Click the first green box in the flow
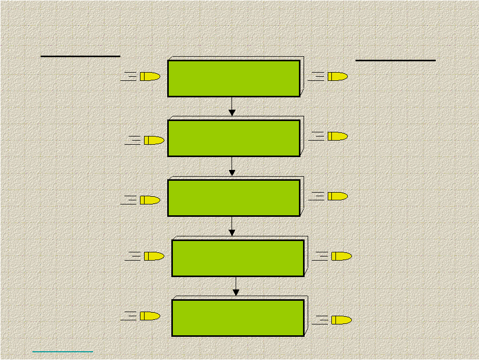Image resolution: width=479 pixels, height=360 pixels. click(234, 78)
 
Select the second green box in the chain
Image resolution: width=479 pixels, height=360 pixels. click(234, 138)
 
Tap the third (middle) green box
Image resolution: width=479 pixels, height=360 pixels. click(234, 198)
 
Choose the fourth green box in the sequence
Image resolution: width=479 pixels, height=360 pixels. click(238, 258)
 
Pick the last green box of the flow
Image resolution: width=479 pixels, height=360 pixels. click(238, 318)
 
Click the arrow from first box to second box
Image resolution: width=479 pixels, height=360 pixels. click(232, 107)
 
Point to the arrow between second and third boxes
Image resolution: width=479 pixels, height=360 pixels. click(232, 166)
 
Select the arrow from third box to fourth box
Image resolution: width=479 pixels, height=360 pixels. click(232, 227)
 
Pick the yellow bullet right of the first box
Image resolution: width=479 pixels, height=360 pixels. click(337, 77)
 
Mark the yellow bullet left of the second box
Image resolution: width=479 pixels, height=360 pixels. click(153, 140)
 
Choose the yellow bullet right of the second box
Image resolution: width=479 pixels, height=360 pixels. click(337, 136)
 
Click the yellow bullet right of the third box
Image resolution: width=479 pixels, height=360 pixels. click(337, 196)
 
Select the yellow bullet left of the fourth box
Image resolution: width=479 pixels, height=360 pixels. click(153, 256)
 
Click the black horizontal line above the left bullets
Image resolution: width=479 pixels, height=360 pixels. click(80, 56)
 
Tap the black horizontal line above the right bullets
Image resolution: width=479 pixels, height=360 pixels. click(395, 60)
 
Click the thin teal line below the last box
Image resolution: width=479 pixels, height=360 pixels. click(63, 352)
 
